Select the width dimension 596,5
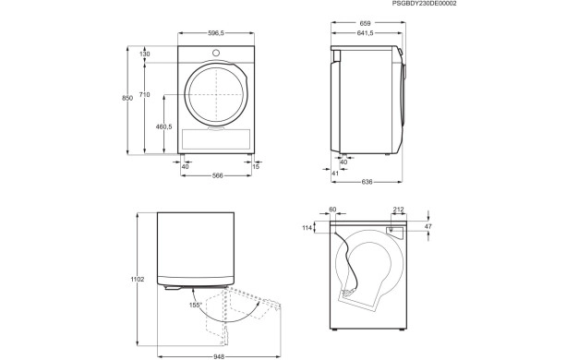[215, 33]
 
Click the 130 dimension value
[144, 54]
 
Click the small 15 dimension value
[256, 166]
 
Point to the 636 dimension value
[367, 181]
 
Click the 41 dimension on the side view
[333, 172]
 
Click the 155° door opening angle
[196, 304]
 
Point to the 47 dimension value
[427, 225]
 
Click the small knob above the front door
[216, 53]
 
